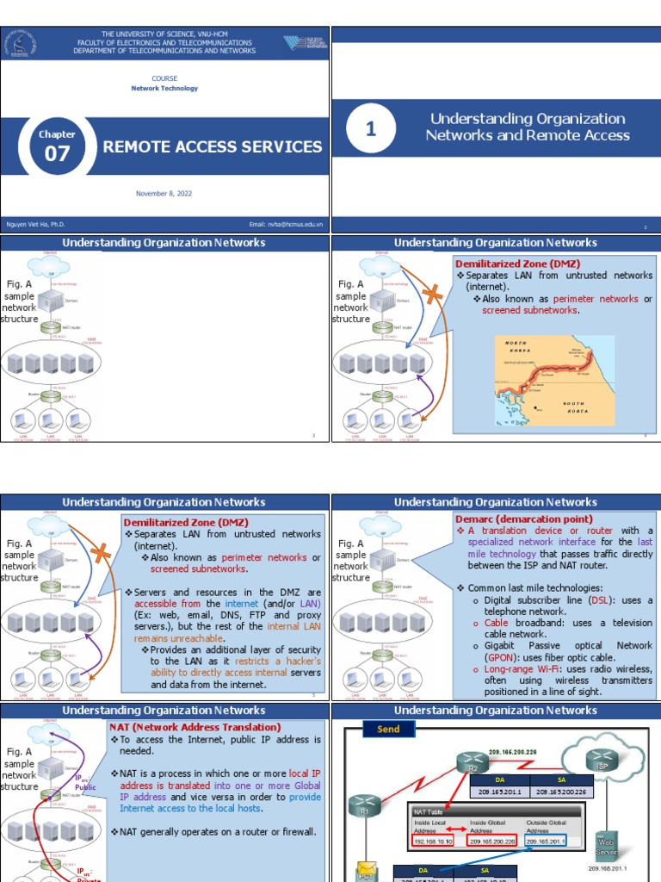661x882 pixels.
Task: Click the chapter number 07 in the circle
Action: click(57, 154)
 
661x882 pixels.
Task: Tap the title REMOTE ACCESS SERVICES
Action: click(213, 146)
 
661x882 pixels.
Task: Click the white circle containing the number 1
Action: click(371, 129)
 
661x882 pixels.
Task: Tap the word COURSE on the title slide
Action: click(164, 78)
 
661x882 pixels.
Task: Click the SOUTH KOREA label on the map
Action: click(574, 407)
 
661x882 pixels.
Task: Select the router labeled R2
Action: click(472, 766)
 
